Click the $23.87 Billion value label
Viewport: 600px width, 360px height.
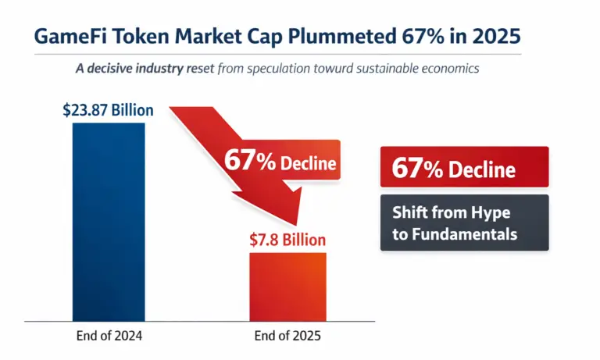coord(108,110)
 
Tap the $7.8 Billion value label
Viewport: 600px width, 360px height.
coord(287,240)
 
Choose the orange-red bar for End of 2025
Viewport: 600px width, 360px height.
coord(287,286)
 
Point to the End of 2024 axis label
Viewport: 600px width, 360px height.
coord(108,337)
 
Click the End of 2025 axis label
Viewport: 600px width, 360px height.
coord(287,337)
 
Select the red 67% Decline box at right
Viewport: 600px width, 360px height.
coord(464,168)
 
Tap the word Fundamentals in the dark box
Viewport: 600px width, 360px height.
coord(455,234)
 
